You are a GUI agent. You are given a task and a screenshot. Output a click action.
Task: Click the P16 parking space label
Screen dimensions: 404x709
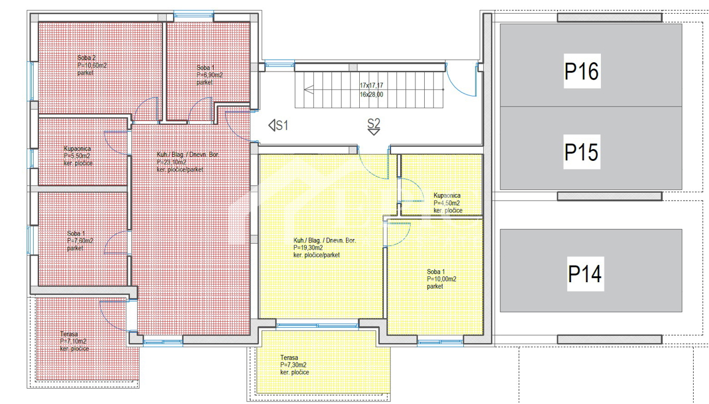[x=582, y=72]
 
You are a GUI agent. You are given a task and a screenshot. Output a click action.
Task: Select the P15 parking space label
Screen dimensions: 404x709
[x=582, y=152]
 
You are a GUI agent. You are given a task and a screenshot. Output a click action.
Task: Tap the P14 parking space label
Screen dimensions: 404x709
[x=585, y=274]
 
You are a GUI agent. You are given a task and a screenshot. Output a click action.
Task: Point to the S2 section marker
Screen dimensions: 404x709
[x=373, y=125]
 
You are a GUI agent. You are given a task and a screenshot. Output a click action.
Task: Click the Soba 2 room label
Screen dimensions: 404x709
[x=86, y=58]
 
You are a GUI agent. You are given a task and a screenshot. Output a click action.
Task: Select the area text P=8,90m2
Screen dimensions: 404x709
[x=210, y=75]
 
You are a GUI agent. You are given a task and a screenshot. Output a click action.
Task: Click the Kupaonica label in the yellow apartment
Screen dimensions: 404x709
[x=447, y=195]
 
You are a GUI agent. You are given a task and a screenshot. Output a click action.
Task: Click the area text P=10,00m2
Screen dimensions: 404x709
[x=441, y=279]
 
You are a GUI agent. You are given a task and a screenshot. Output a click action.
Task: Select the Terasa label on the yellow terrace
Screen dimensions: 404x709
[x=290, y=358]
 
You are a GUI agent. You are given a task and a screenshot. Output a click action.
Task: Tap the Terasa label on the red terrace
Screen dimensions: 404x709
[x=69, y=334]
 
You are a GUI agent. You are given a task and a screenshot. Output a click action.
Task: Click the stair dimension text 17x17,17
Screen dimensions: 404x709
[x=371, y=85]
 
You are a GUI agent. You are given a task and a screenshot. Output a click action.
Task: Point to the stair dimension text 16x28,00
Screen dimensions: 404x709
[x=371, y=94]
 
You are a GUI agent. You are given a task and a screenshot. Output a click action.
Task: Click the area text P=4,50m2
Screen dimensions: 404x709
[x=447, y=203]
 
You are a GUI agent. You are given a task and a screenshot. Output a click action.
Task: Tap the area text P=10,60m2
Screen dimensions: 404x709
[x=92, y=65]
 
